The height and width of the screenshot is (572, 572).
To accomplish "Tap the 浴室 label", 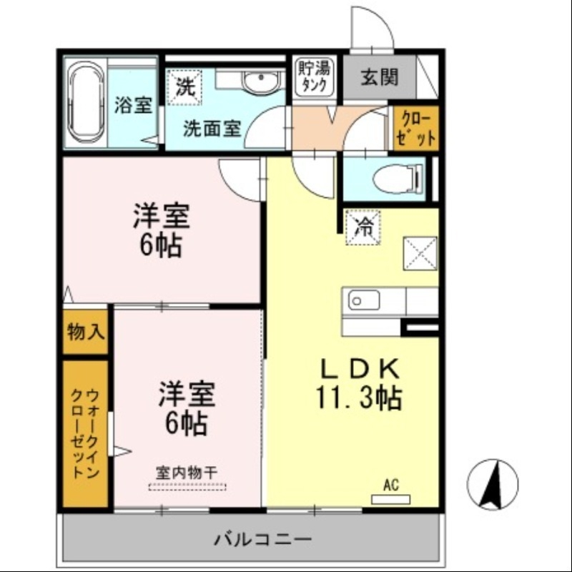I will coord(133,105).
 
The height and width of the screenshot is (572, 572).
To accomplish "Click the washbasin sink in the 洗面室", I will coord(262,84).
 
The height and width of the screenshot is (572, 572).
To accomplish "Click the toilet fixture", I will coord(400,176).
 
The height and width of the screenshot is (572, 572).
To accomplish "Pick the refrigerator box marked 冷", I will coord(364,228).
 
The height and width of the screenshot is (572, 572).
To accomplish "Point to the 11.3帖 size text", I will coord(359,398).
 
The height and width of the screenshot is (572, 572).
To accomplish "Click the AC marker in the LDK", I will coord(390,485).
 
